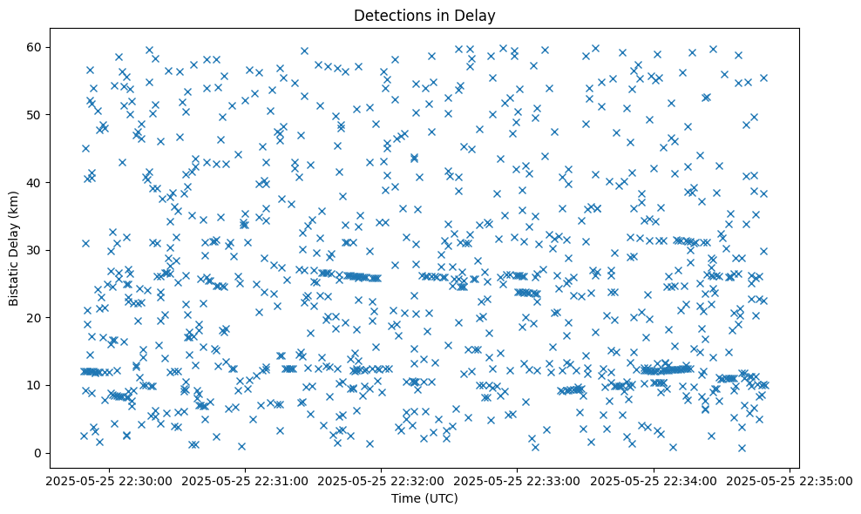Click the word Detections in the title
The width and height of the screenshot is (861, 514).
coord(388,15)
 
